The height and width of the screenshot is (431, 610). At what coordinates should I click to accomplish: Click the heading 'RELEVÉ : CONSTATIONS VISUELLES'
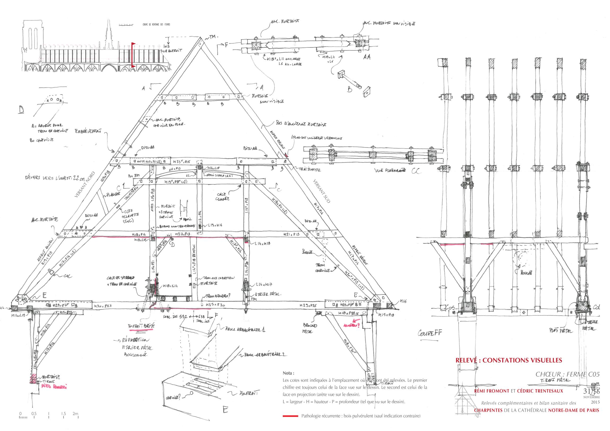(x=508, y=360)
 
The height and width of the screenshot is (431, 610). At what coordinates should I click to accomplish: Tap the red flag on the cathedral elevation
(x=133, y=44)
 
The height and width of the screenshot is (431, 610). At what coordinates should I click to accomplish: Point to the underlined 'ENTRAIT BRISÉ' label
(x=141, y=326)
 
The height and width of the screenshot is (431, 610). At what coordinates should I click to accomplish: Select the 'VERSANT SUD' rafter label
(x=322, y=191)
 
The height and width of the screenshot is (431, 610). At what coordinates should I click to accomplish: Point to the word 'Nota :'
(x=288, y=373)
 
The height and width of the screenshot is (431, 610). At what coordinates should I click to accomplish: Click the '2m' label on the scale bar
(x=75, y=414)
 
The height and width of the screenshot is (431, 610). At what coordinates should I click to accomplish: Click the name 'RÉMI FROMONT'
(x=491, y=391)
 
